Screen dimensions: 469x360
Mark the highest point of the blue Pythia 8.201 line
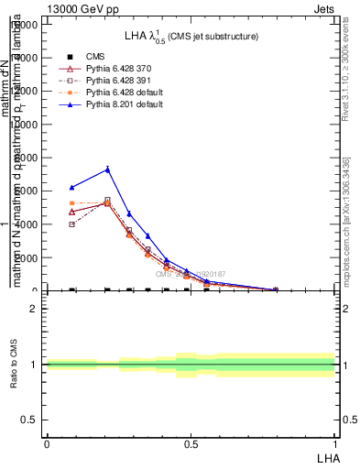click(107, 169)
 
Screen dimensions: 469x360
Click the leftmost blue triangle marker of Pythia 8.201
click(72, 187)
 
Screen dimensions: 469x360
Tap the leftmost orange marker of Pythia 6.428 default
click(72, 203)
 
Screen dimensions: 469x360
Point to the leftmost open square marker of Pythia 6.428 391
click(72, 224)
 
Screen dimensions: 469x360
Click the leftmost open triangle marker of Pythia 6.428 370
click(72, 212)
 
